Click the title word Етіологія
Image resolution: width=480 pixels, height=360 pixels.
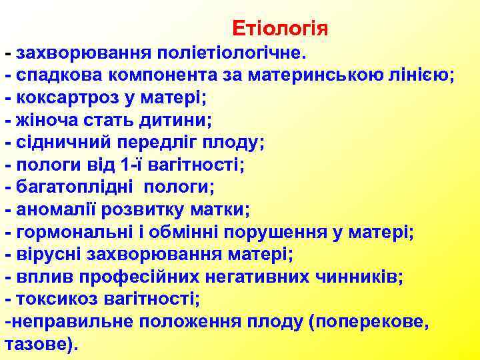click(280, 29)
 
